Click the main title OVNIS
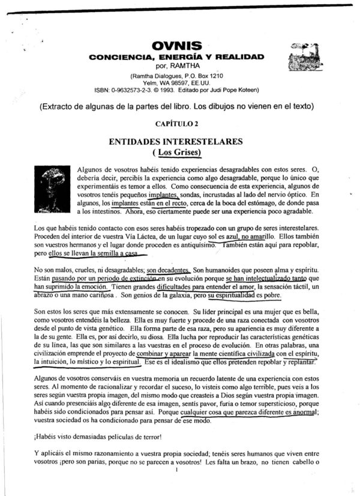click(x=176, y=46)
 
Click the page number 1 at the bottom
click(x=178, y=488)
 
